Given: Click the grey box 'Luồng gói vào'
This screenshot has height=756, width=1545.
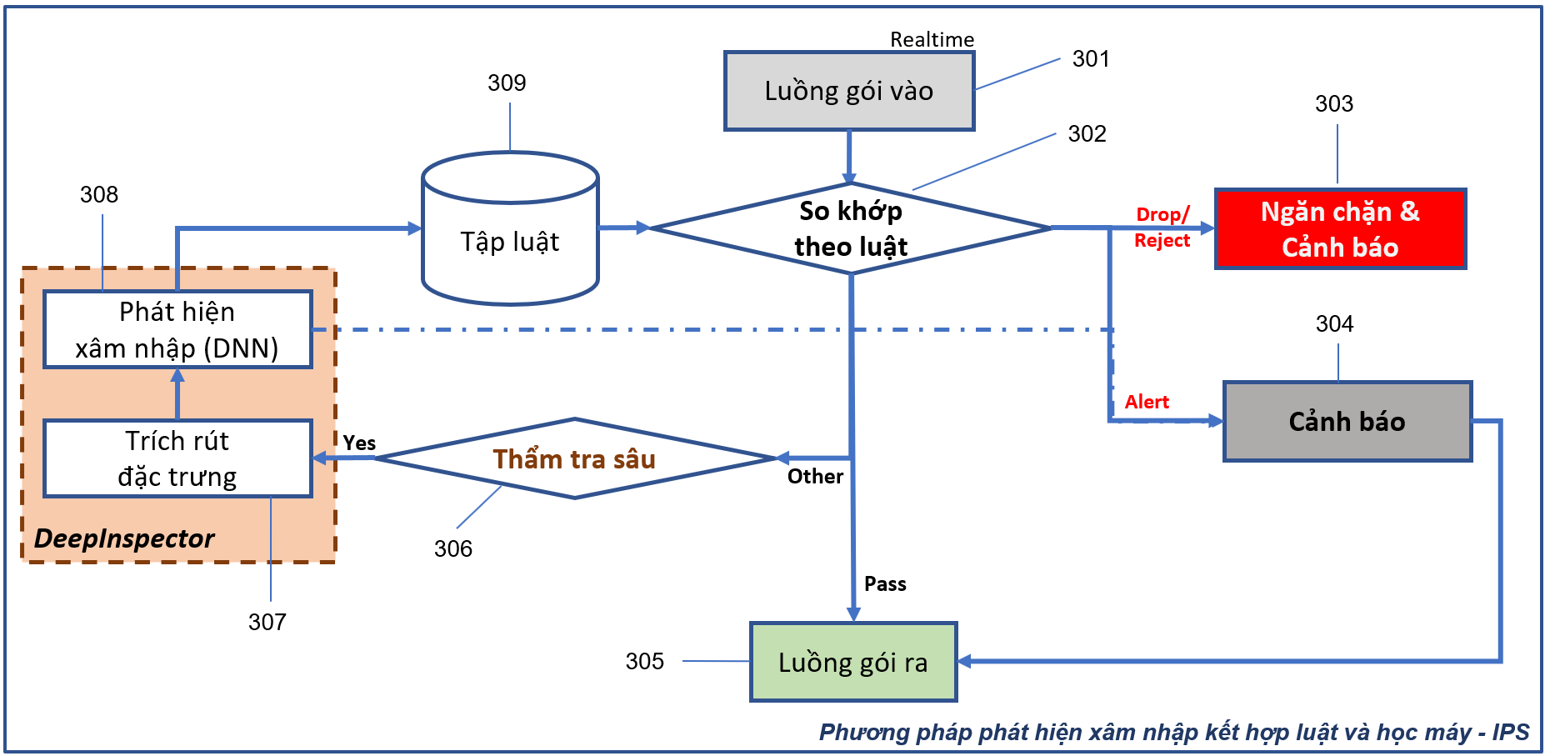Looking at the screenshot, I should pos(849,91).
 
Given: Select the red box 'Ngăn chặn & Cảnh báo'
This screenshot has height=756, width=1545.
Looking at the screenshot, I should pos(1340,229).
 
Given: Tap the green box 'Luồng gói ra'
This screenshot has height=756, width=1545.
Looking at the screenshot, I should pos(853,663).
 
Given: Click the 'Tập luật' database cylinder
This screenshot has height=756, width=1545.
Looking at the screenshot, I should pos(510,242).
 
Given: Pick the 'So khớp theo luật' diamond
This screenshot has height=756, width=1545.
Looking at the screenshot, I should pos(850,228).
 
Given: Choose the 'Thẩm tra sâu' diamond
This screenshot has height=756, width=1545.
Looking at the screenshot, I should pos(574,459).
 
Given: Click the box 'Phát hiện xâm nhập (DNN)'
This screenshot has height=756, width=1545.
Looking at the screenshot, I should pos(177,329).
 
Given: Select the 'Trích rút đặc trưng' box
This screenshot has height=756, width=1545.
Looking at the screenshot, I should pos(177,458).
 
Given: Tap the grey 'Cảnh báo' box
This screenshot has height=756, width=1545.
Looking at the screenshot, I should pos(1347,422).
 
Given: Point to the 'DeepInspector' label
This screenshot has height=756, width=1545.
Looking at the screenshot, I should pos(124,538).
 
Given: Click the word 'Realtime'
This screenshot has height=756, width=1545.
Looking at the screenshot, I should pos(932,39).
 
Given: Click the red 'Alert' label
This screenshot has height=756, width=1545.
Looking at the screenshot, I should pos(1147,402).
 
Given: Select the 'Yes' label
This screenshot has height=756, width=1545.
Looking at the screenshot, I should pos(359,443).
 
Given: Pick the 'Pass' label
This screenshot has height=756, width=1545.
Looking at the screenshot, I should pos(885,583).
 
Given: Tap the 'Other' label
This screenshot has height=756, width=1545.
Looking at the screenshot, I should pos(815,476).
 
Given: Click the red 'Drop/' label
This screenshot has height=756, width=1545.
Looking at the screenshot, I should pos(1162,215).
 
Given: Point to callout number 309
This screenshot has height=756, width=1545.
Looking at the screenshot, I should pos(507,83).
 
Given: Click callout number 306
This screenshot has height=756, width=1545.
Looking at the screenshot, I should pos(453,548).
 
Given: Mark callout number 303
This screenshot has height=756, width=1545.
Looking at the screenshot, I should pos(1334,103).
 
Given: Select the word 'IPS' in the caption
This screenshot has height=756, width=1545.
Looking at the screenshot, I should pos(1511,732).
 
